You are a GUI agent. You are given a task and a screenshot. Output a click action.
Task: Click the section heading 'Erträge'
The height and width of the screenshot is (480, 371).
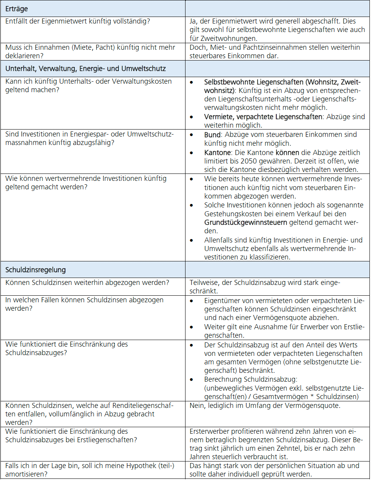[x=17, y=8]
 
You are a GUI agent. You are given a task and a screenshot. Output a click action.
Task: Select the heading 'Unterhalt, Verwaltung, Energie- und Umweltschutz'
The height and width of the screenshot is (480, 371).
[x=86, y=69]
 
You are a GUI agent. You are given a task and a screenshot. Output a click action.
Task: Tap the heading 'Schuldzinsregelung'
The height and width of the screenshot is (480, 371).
[x=35, y=270]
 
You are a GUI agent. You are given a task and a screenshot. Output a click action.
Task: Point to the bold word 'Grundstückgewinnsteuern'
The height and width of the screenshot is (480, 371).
[x=246, y=222]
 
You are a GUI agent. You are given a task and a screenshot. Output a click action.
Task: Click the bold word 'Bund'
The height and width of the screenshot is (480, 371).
[x=212, y=135]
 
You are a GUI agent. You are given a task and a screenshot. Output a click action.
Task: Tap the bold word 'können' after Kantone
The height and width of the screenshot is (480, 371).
[x=287, y=152]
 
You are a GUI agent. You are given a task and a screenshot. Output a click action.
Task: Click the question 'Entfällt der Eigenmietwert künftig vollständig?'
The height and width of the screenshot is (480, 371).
[x=78, y=21]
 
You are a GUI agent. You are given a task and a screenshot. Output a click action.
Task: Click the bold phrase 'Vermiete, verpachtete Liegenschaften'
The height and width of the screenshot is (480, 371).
[x=263, y=117]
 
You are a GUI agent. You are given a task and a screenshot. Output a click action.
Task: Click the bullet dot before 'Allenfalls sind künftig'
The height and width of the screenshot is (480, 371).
[x=192, y=240]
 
